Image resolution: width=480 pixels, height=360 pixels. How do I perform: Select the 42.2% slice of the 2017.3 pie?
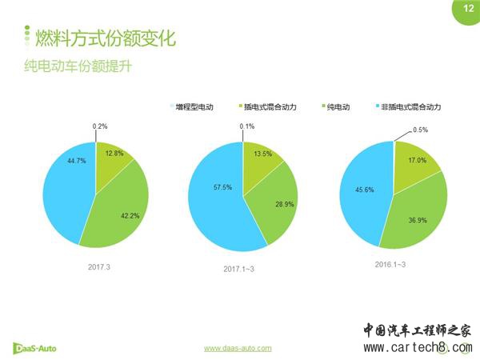tap(120, 208)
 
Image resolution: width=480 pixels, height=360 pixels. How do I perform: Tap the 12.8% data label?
tap(113, 154)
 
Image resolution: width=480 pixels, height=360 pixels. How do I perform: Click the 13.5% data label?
tap(262, 154)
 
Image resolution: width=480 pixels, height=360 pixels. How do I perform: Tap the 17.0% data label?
tap(417, 160)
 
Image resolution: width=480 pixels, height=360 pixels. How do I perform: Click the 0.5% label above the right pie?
tap(421, 130)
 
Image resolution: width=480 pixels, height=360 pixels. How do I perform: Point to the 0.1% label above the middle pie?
tap(246, 126)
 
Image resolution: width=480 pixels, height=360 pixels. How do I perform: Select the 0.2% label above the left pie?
tap(100, 126)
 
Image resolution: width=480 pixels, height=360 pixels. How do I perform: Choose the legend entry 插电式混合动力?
tap(267, 106)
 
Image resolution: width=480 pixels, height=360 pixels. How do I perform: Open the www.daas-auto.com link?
tap(238, 348)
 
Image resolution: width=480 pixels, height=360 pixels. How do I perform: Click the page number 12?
tap(466, 9)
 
